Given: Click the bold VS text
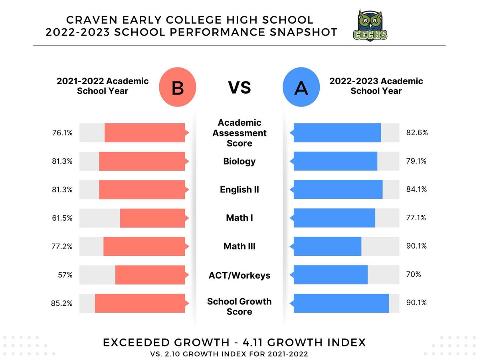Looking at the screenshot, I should pyautogui.click(x=239, y=87).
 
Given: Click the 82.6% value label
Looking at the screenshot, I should pyautogui.click(x=417, y=133).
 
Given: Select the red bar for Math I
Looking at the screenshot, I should pyautogui.click(x=153, y=218).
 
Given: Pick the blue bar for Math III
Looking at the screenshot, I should pyautogui.click(x=327, y=246).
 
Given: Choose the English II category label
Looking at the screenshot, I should pyautogui.click(x=239, y=190).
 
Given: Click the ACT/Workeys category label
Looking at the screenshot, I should pyautogui.click(x=239, y=275).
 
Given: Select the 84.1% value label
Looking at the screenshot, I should pyautogui.click(x=417, y=190).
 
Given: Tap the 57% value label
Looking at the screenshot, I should pyautogui.click(x=65, y=275).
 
